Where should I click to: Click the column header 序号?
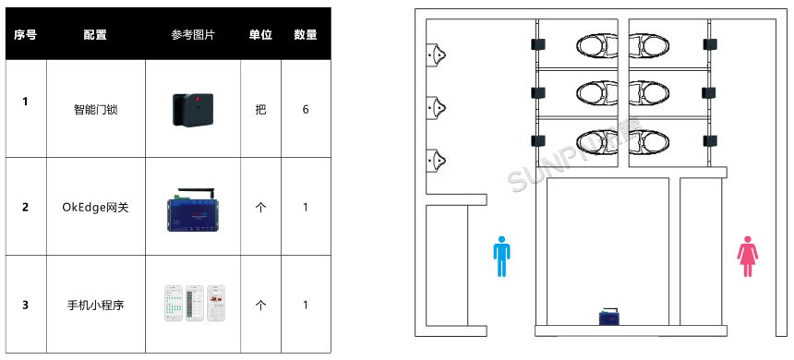(25, 35)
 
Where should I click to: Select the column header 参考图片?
(193, 35)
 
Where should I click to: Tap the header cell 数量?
(306, 35)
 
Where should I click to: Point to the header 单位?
(260, 35)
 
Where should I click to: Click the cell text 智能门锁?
(95, 109)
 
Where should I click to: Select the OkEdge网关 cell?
(95, 207)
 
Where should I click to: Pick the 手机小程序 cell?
(95, 305)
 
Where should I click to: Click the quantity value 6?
(306, 109)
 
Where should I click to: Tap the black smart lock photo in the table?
(193, 109)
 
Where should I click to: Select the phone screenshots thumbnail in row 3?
(193, 304)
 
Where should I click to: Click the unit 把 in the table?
(260, 109)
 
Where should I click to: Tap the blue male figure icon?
(501, 256)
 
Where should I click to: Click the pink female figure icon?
(747, 256)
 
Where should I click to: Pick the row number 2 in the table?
(25, 207)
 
